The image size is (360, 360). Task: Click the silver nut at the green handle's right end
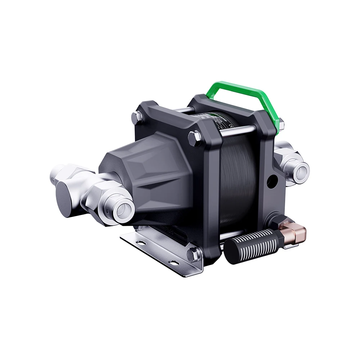tap(281, 124)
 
